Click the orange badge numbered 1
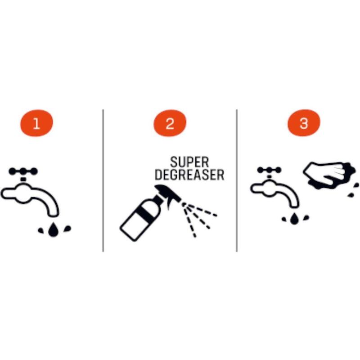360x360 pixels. (36, 123)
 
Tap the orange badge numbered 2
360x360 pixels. (170, 123)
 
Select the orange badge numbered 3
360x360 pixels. (304, 123)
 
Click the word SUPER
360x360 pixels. (189, 162)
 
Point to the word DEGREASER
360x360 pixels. (189, 175)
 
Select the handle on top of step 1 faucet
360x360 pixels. (23, 171)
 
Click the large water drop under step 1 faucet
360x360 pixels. (54, 230)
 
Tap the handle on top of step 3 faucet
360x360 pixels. (269, 170)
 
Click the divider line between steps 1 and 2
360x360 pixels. (103, 180)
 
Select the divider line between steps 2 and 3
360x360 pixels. (237, 180)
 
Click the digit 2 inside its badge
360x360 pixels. (170, 123)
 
